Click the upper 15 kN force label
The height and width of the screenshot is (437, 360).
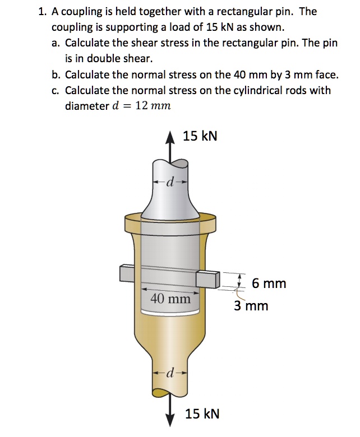click(200, 136)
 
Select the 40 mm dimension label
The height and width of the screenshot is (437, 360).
click(170, 299)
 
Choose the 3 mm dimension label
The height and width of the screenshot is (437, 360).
click(251, 306)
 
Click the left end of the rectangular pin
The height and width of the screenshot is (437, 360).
click(127, 272)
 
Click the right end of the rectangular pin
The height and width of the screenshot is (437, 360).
click(208, 278)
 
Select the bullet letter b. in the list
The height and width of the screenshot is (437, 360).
click(57, 74)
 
